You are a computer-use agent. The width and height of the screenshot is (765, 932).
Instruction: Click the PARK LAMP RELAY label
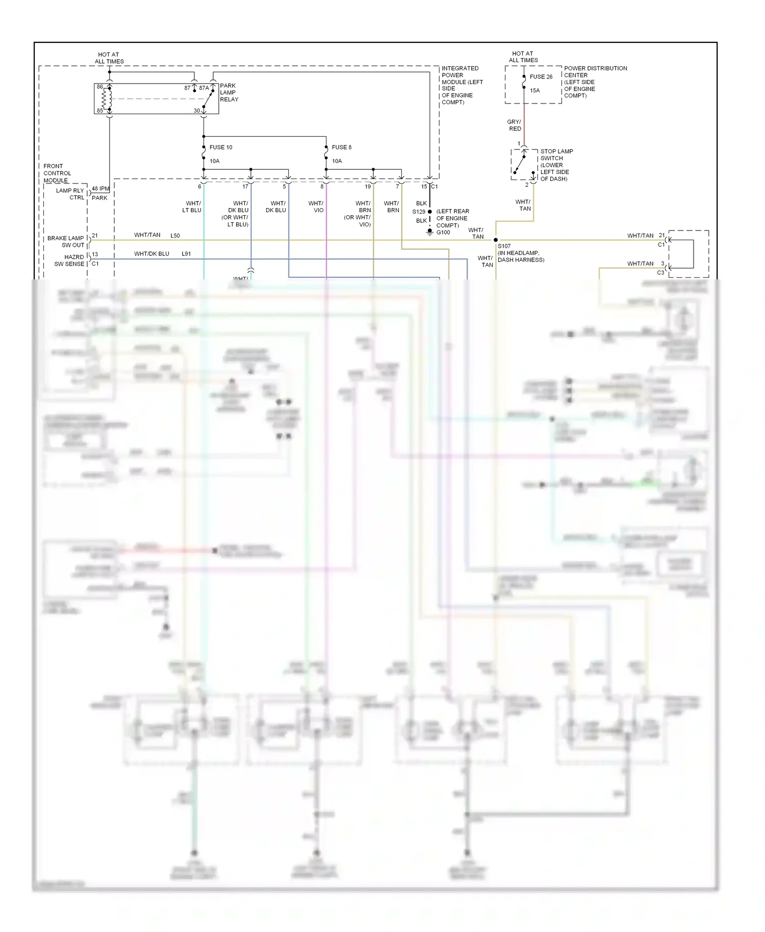point(228,93)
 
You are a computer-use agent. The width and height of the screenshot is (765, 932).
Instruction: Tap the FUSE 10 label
point(221,147)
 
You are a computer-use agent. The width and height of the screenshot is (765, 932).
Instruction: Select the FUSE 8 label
point(342,147)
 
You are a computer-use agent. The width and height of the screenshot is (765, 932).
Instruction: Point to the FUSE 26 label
point(541,77)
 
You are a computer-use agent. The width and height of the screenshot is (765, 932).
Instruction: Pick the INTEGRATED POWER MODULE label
point(461,85)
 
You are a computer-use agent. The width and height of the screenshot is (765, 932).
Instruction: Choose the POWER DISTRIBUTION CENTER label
point(595,82)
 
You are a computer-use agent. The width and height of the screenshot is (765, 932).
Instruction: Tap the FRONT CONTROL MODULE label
point(57,173)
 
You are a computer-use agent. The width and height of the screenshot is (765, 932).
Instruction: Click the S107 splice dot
point(496,240)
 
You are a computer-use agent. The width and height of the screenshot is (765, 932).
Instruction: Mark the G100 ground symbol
point(430,232)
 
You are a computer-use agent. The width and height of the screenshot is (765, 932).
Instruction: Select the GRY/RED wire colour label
point(514,125)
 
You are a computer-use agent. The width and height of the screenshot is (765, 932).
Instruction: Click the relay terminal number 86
point(100,87)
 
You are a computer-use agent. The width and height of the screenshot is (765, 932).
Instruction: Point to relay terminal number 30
point(197,111)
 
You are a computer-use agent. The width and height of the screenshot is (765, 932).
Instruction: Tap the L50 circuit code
point(175,236)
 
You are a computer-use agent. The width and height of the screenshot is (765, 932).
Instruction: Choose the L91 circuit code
point(186,254)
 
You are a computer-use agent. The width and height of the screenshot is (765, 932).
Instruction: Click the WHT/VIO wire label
point(316,206)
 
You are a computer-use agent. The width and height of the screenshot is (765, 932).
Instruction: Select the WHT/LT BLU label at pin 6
point(192,206)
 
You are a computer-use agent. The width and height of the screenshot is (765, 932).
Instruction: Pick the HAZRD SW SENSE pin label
point(69,261)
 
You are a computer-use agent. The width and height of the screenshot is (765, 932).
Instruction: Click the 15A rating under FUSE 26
point(534,91)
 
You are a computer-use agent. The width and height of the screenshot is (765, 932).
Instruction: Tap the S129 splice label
point(419,212)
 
